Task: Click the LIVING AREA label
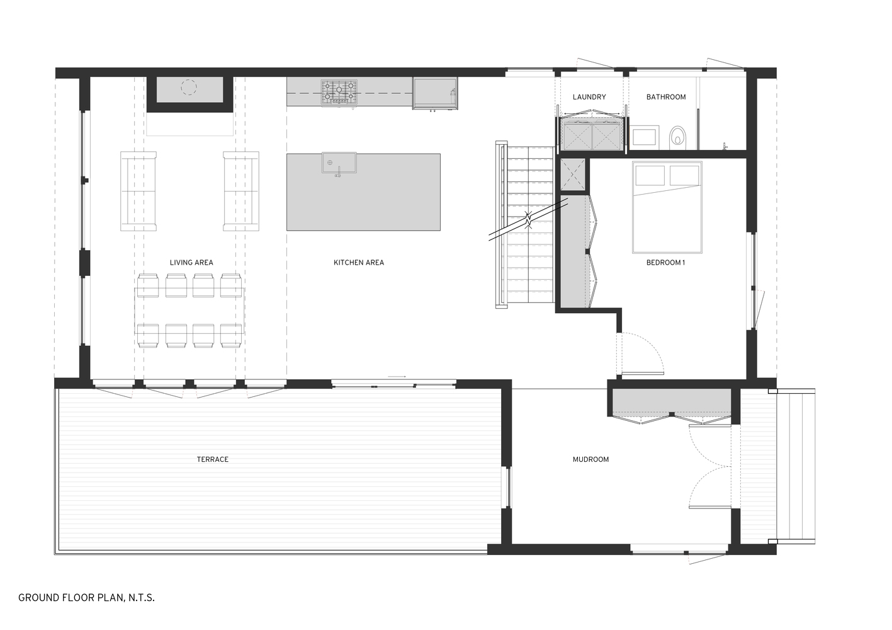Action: point(191,263)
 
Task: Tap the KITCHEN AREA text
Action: point(358,263)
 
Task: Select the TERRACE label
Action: point(213,460)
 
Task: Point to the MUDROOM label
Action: point(590,460)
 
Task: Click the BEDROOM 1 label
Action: point(665,263)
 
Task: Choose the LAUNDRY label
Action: point(589,97)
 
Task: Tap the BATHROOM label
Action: point(666,97)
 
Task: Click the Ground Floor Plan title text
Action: point(86,597)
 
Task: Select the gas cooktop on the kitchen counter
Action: point(339,92)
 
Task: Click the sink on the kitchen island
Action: point(339,163)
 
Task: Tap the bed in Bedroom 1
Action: point(667,208)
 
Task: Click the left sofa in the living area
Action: point(138,190)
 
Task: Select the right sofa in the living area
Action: point(240,190)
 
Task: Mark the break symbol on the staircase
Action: point(529,220)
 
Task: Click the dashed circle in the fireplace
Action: point(189,88)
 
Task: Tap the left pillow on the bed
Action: point(650,175)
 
